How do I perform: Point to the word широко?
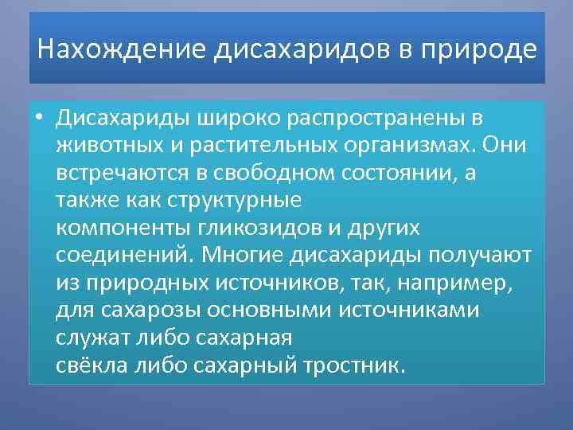coord(218,119)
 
